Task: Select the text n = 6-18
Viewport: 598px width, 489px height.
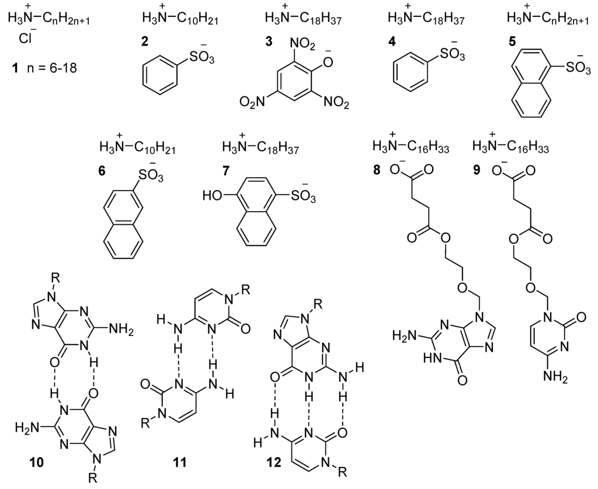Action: click(54, 69)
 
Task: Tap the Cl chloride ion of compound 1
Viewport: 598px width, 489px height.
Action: click(26, 42)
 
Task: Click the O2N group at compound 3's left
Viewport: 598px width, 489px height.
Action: click(249, 105)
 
